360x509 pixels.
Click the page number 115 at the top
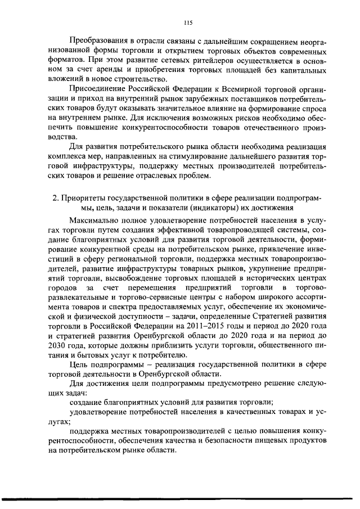pos(188,22)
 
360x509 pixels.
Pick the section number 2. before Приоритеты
pos(55,199)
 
